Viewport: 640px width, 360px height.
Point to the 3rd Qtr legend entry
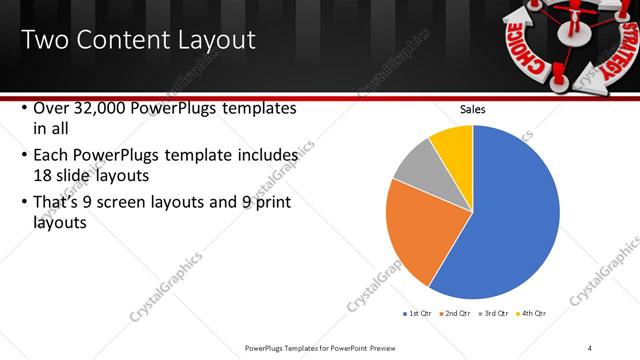coord(494,313)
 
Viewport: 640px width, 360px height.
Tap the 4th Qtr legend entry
coord(533,313)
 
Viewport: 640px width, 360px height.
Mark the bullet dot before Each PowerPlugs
coord(24,157)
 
